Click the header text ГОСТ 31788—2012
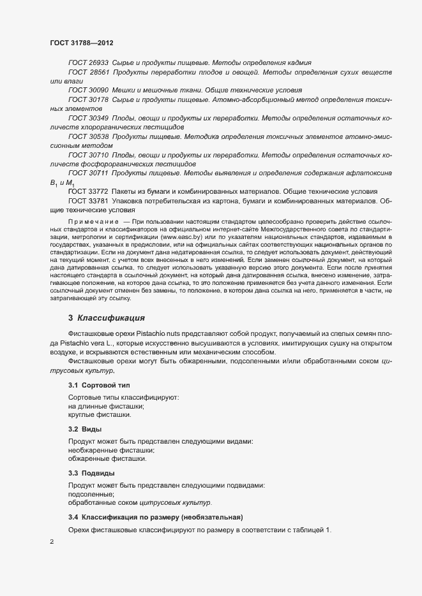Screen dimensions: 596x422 point(82,43)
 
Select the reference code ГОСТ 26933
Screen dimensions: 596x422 point(88,64)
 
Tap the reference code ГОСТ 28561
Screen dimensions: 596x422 point(88,73)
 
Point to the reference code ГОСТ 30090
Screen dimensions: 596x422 point(88,91)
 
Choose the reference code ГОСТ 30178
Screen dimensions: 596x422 point(88,100)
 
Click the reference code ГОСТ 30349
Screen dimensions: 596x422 point(88,119)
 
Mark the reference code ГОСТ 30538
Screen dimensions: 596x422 point(88,137)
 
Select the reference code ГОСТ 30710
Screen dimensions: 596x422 point(88,155)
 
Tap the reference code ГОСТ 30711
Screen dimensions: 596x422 point(88,173)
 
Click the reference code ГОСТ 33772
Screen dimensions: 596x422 point(88,192)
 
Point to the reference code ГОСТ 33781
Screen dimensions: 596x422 point(88,201)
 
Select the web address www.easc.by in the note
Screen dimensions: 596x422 point(178,237)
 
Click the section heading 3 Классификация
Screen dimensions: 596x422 point(107,317)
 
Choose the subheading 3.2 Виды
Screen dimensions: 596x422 point(85,429)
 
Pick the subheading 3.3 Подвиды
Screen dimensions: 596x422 point(91,473)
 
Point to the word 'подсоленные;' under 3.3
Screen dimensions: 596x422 point(91,494)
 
